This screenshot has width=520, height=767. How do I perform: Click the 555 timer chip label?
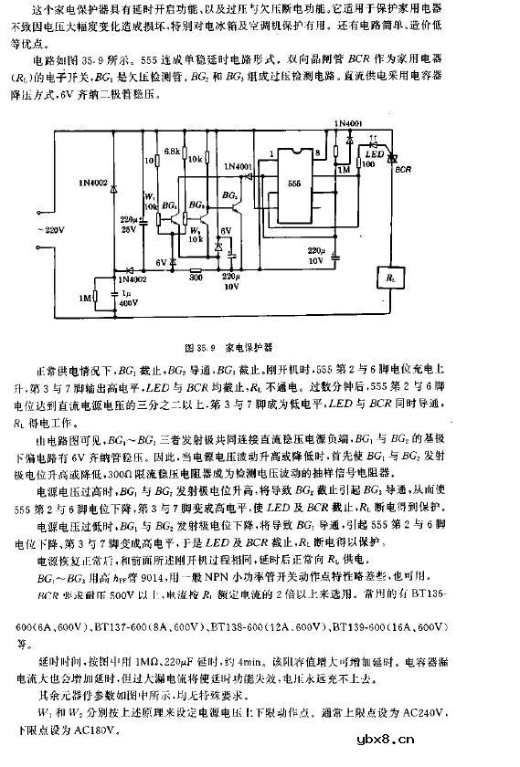coord(294,182)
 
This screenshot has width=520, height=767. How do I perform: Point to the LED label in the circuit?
coord(373,153)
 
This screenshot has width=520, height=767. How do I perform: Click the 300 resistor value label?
coord(195,272)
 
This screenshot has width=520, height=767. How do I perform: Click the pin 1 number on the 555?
coord(273,155)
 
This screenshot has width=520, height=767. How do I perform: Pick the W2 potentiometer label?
coord(195,232)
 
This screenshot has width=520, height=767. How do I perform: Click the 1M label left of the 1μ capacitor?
coord(85,298)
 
